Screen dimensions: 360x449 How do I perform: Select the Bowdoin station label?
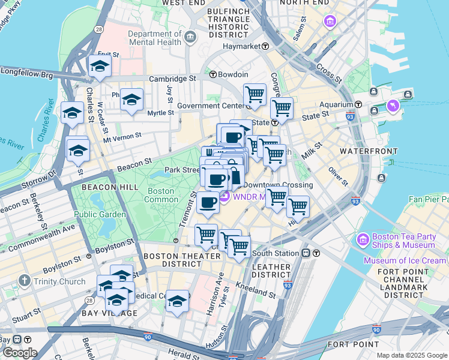tap(233, 74)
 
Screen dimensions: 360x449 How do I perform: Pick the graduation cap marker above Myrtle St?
tap(131, 100)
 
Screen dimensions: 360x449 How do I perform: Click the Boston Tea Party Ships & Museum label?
tap(403, 241)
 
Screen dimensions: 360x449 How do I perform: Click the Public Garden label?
tap(100, 214)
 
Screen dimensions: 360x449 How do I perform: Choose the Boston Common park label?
tap(161, 195)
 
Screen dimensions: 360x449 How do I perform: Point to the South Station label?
tap(277, 253)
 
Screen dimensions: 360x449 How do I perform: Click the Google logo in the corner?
tap(19, 353)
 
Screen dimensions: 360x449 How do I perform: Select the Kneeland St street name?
tap(256, 292)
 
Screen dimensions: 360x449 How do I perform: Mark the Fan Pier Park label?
tap(428, 199)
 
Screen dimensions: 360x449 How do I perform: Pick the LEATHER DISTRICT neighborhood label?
tap(271, 271)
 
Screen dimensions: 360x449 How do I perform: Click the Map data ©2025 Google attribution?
tap(411, 355)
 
